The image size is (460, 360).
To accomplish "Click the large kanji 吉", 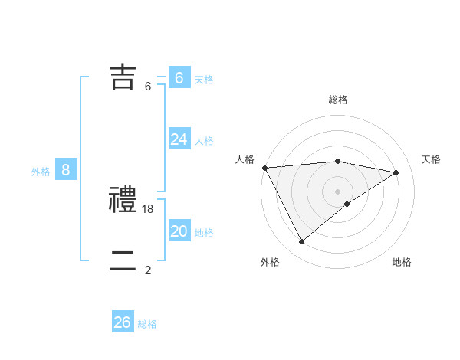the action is [123, 77].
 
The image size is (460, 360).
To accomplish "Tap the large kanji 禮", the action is [123, 200].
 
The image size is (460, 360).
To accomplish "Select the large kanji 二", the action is [123, 260].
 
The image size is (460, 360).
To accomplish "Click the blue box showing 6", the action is [179, 77].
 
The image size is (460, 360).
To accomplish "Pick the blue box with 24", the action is [179, 139].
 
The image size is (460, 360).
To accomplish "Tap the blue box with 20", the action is [179, 231].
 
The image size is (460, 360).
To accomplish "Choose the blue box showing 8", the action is [66, 170].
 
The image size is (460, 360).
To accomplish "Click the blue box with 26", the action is [122, 322].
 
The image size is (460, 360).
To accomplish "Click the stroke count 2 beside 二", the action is [148, 270].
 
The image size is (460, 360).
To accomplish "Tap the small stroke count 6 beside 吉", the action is [148, 87].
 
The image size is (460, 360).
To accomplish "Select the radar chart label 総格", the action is [338, 100].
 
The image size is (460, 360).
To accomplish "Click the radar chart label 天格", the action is [431, 159].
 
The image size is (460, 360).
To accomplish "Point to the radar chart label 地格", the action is [402, 262].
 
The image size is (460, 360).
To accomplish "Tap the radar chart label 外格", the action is [270, 262].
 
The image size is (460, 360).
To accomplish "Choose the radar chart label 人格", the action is [245, 159].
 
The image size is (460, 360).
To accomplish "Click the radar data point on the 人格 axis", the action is [264, 167].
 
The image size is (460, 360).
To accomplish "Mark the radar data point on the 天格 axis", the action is [396, 172].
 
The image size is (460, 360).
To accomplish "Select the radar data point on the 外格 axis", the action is [301, 242].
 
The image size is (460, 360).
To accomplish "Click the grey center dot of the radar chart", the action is [337, 191].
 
